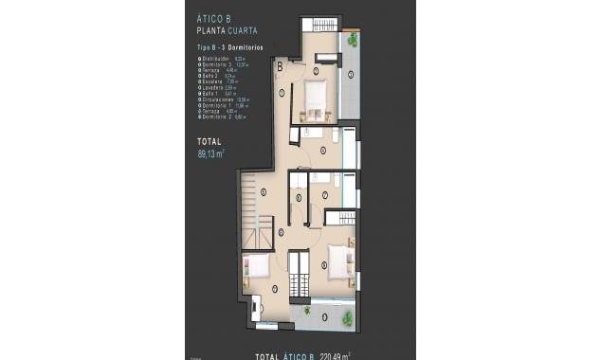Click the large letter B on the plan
click(281, 67)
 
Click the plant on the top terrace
click(353, 40)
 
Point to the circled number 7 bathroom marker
click(324, 195)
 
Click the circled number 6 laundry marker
click(299, 197)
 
